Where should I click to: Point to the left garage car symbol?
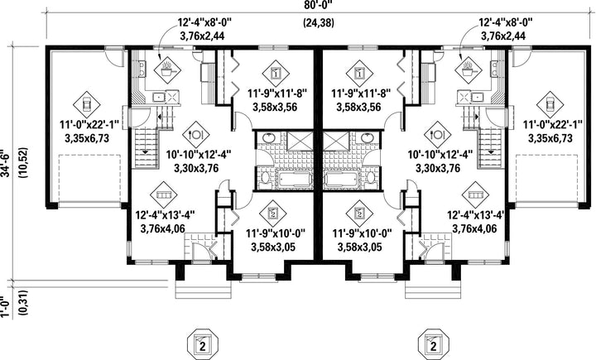click(x=86, y=104)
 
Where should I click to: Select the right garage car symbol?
click(x=550, y=104)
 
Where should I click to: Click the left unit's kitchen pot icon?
click(x=167, y=70)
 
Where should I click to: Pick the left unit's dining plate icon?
click(x=195, y=135)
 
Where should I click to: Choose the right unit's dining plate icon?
click(x=438, y=135)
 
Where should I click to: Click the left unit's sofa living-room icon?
click(x=164, y=194)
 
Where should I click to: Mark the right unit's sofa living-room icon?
click(x=476, y=194)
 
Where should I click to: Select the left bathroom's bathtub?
click(x=291, y=179)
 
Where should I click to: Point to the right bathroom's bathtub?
click(x=342, y=179)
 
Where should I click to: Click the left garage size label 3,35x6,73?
click(x=87, y=138)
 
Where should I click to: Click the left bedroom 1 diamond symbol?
click(x=276, y=73)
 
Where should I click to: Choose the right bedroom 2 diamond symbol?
click(x=359, y=214)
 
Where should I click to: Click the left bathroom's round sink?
click(x=270, y=137)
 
